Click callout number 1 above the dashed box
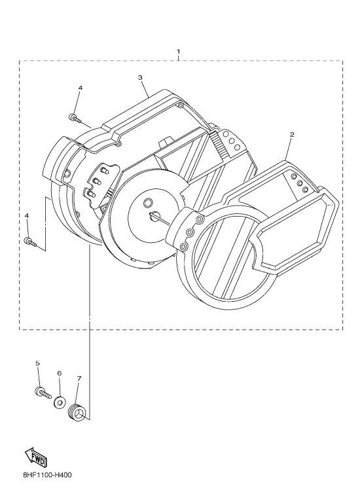point(179,51)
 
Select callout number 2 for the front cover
point(292,135)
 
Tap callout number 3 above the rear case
point(140,77)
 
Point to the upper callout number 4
point(80,88)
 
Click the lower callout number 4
point(27,216)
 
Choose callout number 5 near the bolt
point(37,363)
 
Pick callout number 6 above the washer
point(60,373)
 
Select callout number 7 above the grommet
point(79,378)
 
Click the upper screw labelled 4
point(75,118)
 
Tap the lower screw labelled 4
point(30,242)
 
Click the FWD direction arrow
point(36,457)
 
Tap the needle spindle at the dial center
point(154,216)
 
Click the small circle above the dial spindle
point(149,202)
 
